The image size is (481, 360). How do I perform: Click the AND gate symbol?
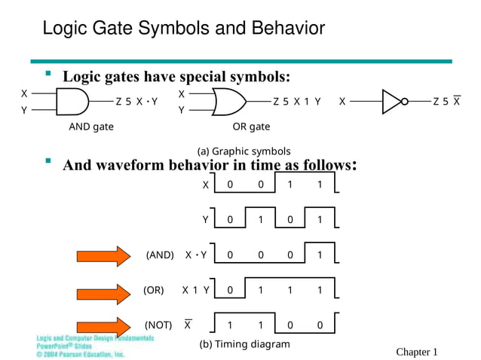click(x=72, y=101)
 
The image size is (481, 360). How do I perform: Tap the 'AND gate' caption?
click(x=91, y=127)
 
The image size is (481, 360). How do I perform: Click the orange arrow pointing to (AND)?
click(x=103, y=255)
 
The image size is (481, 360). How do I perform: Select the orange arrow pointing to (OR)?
click(x=103, y=290)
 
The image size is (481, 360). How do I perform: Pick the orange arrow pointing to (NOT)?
click(x=103, y=325)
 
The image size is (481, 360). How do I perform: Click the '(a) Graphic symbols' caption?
click(x=244, y=151)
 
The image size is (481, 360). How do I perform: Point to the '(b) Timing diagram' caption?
click(x=244, y=344)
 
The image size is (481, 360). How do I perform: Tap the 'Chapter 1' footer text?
click(x=416, y=352)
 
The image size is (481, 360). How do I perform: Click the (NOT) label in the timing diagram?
click(x=158, y=325)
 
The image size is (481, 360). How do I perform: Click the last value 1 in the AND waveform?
click(x=320, y=255)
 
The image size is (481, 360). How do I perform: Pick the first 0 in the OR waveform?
click(x=231, y=290)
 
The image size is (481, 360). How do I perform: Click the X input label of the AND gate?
click(x=24, y=93)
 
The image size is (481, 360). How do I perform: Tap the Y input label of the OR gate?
click(x=181, y=110)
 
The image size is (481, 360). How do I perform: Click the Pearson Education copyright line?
click(x=81, y=353)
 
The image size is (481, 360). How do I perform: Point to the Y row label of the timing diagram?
click(x=205, y=220)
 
